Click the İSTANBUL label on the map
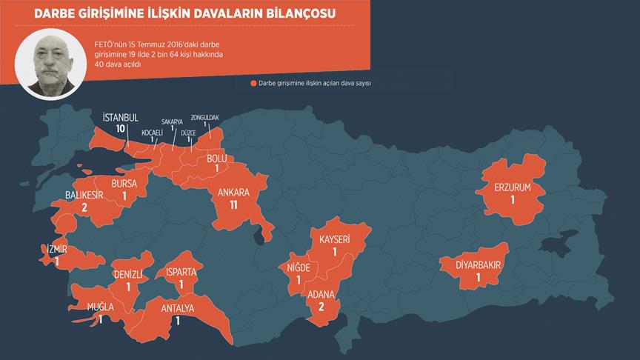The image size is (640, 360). (x=120, y=117)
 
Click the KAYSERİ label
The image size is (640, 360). (x=334, y=239)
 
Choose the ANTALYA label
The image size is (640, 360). (x=178, y=308)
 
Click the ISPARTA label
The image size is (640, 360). (x=181, y=272)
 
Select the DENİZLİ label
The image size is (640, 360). (x=128, y=275)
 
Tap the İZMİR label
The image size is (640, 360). (x=56, y=250)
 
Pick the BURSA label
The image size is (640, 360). (x=125, y=184)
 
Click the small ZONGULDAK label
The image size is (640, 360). (x=206, y=117)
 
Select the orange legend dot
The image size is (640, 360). (x=254, y=84)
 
